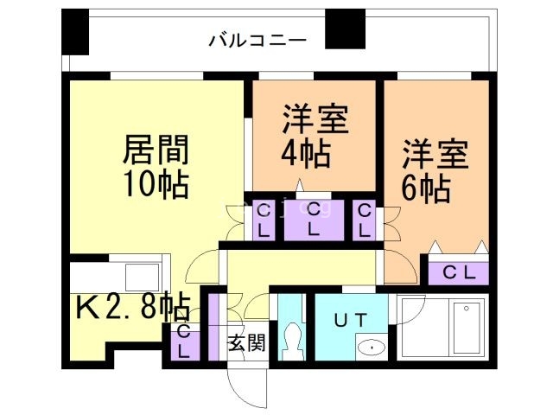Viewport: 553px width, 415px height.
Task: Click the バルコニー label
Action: (x=257, y=40)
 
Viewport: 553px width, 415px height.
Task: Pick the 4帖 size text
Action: (x=304, y=154)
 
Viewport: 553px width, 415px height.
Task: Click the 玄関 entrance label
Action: (x=246, y=342)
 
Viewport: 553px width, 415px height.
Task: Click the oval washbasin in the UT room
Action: (x=372, y=347)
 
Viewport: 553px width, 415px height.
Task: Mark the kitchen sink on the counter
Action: (x=142, y=277)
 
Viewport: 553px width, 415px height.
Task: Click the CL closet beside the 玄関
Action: (x=184, y=342)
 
